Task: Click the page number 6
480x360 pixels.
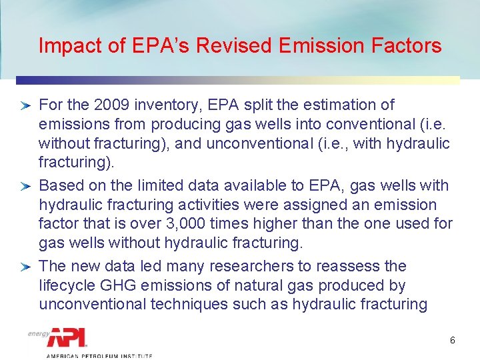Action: (x=453, y=340)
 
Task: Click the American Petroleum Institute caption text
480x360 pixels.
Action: (x=98, y=356)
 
